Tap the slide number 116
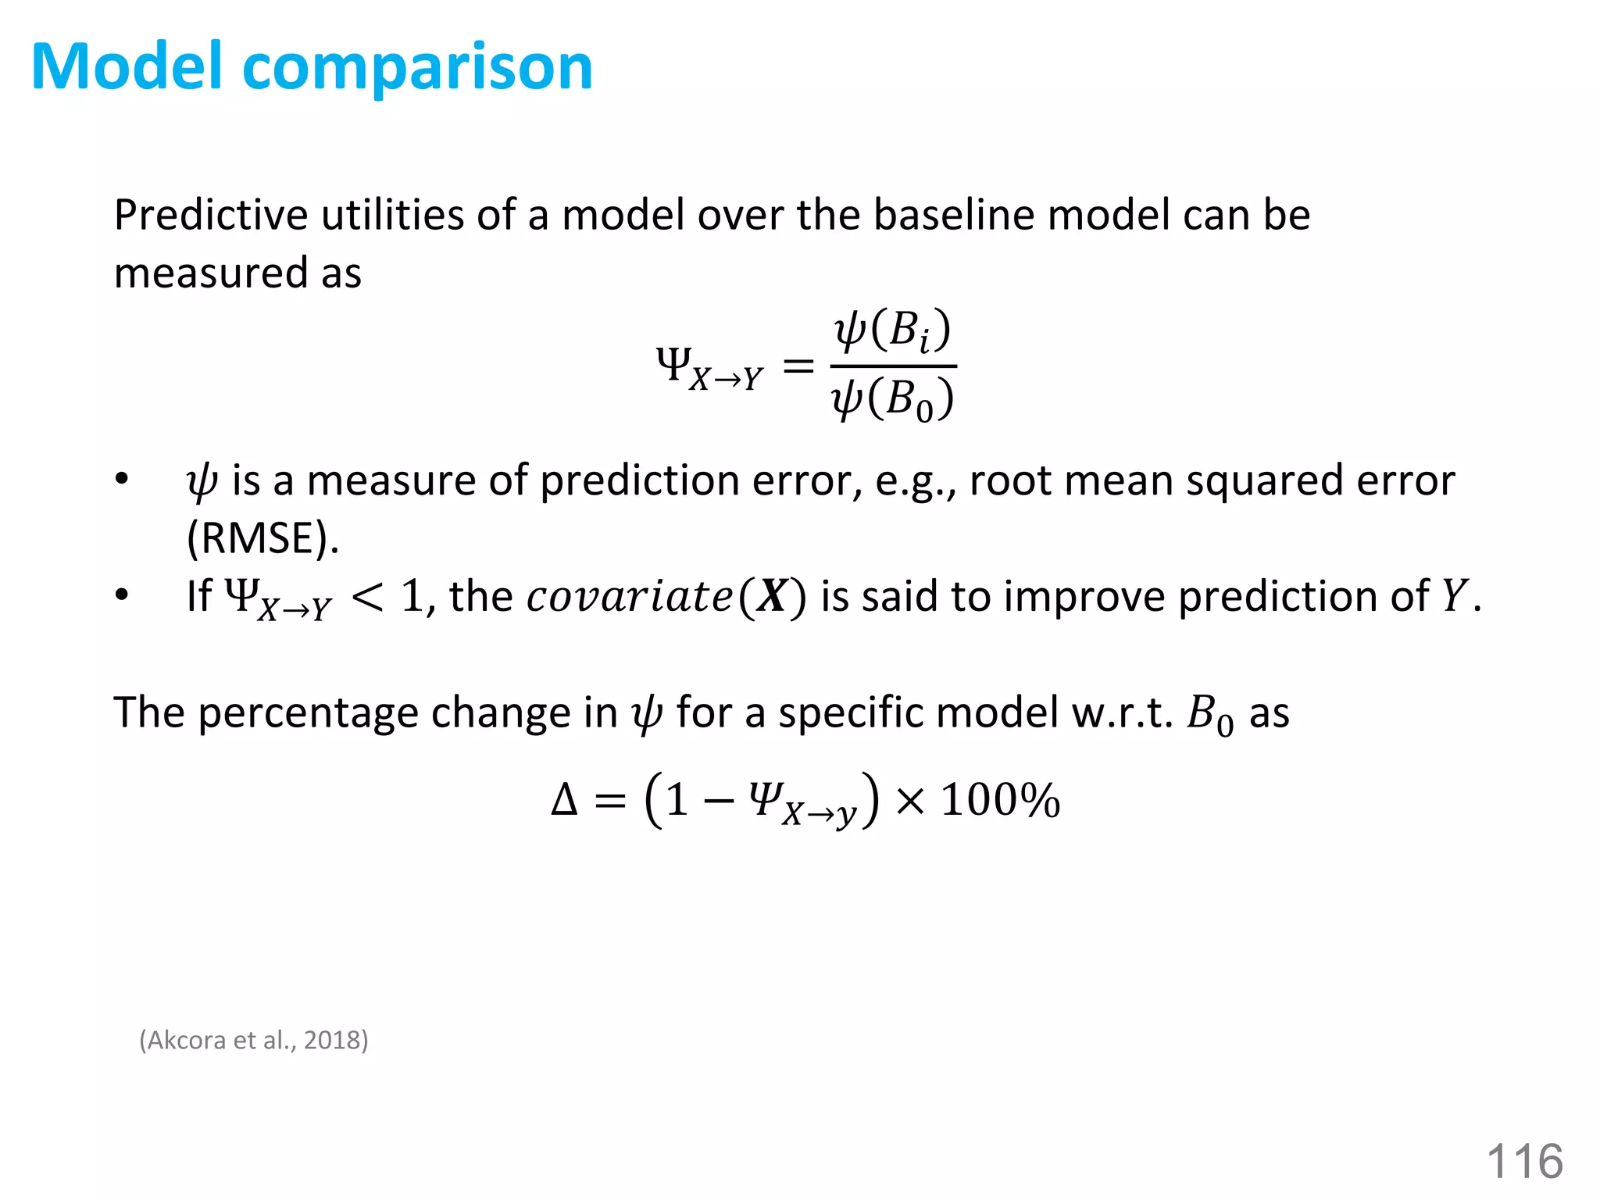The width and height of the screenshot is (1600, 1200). coord(1524,1161)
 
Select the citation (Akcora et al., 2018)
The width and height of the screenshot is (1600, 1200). coord(254,1040)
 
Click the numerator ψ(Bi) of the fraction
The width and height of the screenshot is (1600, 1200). coord(892,330)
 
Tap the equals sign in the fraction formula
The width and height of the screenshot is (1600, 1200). coord(798,366)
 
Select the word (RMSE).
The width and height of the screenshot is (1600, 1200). coord(263,538)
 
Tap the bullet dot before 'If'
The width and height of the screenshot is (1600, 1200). coord(121,595)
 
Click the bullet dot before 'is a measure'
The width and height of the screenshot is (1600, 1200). coord(121,479)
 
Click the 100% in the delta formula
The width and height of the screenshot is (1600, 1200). coord(1000,801)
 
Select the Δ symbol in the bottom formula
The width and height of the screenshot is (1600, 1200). coord(564,801)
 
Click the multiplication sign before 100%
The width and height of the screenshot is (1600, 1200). coord(910,801)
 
